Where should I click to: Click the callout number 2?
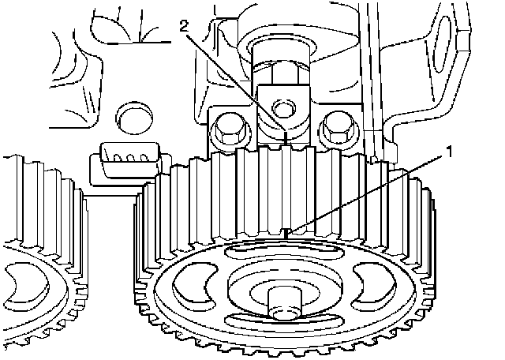[x=184, y=27]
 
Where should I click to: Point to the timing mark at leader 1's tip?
[x=286, y=234]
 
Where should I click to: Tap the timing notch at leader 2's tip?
[x=286, y=137]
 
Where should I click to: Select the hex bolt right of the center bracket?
[x=336, y=128]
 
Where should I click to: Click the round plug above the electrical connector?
[x=134, y=118]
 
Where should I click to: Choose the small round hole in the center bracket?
[x=283, y=108]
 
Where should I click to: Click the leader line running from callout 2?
[x=235, y=83]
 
